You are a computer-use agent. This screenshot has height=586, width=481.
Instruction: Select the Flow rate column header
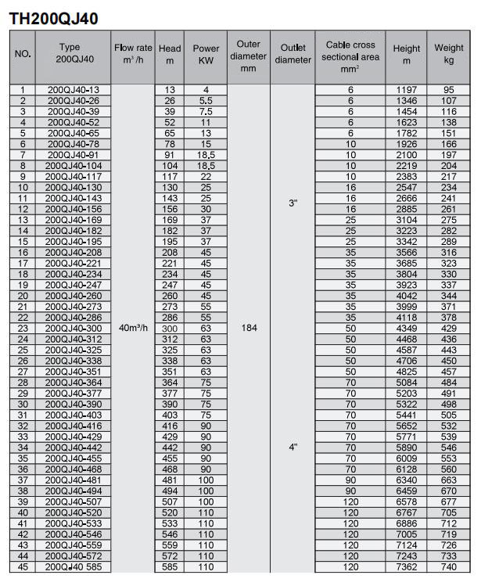point(132,53)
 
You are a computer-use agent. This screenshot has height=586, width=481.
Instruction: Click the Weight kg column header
point(449,53)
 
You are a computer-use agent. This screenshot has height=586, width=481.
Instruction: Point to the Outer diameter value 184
point(248,329)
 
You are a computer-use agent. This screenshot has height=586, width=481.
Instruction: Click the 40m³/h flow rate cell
point(132,329)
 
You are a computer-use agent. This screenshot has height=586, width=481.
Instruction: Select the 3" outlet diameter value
point(293,203)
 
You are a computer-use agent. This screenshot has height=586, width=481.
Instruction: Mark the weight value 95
point(449,91)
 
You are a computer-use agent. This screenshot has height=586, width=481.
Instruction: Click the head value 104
point(170,167)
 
